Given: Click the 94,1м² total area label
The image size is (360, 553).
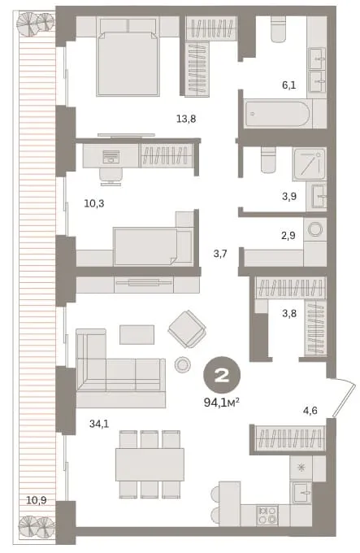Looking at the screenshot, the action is [x=222, y=402].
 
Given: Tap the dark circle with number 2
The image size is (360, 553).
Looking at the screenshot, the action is [x=222, y=377].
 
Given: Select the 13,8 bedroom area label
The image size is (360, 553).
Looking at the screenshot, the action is [x=186, y=119].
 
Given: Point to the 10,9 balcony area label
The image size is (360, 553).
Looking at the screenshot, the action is [x=37, y=500].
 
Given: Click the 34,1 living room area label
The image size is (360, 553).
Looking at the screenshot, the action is [x=99, y=424].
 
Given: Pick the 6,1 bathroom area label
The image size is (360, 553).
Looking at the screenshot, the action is [x=288, y=85].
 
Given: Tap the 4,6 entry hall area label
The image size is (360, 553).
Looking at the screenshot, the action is [x=310, y=410].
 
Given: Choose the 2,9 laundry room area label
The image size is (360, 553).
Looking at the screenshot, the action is [x=288, y=236].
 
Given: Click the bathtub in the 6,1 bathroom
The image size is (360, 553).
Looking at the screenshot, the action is [x=277, y=115].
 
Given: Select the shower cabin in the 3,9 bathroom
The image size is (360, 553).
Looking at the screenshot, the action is [x=309, y=164].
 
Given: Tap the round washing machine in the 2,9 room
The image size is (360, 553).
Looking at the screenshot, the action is [x=314, y=229].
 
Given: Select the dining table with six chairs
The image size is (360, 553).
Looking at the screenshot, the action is [x=150, y=464].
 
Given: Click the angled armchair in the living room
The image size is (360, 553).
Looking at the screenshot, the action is [x=187, y=329].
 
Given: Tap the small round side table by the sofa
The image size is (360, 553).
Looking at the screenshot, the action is [x=183, y=364].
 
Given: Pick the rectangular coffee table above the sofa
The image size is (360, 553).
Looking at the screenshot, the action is [x=137, y=334].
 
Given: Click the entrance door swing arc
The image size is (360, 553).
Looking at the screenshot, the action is [x=344, y=398].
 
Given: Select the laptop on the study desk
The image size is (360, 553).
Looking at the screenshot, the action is [x=111, y=157].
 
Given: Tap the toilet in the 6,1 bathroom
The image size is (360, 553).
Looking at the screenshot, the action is [x=280, y=30].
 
